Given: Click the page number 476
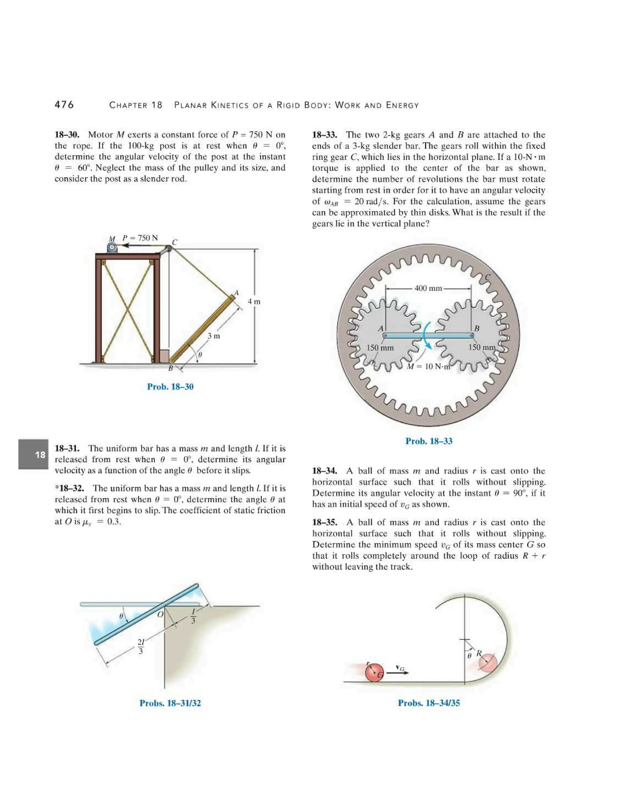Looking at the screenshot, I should click(64, 105).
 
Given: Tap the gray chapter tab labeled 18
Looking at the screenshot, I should click(33, 454).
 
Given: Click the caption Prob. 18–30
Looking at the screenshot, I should click(170, 387).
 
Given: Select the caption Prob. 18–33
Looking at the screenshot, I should click(429, 441).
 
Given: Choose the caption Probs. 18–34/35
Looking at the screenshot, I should click(429, 703).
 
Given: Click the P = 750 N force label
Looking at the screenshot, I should click(140, 238).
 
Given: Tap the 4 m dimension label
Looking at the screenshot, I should click(254, 302).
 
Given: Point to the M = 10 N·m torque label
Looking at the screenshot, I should click(429, 366).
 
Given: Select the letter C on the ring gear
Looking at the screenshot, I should click(488, 277).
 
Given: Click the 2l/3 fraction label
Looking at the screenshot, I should click(141, 647).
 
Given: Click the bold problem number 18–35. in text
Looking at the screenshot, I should click(324, 522).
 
